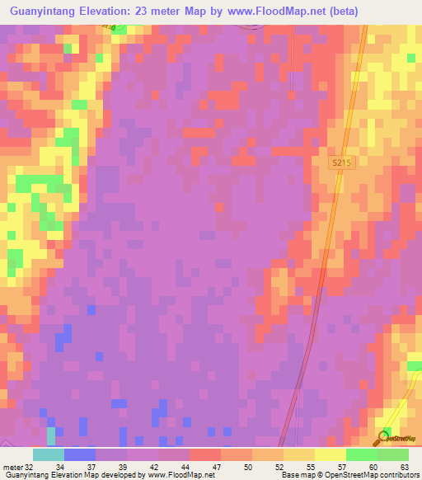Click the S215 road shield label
coord(342,163)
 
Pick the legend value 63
coord(404,466)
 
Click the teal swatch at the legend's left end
coord(49,454)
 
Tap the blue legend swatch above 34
coord(80,454)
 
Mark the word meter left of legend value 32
coord(12,466)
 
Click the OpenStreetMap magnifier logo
coord(385,437)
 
